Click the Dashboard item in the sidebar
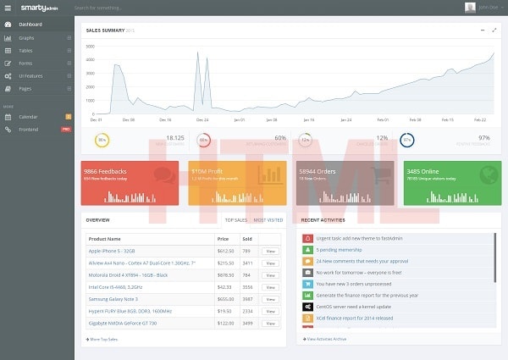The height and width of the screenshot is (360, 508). point(30,24)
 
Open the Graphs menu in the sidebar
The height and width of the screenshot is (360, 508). point(26,38)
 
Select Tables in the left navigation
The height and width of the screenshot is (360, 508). point(26,51)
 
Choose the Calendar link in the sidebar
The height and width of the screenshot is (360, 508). point(29,115)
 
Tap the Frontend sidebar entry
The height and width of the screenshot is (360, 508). point(29,129)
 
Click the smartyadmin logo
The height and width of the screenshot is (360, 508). point(39,7)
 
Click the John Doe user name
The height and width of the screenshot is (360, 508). point(489,7)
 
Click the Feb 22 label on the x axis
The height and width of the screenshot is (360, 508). point(480,119)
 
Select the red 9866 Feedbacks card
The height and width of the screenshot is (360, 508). point(130,181)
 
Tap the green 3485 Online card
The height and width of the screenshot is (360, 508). point(452,181)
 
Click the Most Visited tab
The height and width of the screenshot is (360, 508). point(269,219)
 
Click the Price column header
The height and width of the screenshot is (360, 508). point(224,239)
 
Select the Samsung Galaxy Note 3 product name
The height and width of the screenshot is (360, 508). point(113,299)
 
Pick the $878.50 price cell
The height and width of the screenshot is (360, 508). point(225,275)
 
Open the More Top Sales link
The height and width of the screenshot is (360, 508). point(103,339)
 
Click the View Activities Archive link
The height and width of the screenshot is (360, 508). point(323,339)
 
